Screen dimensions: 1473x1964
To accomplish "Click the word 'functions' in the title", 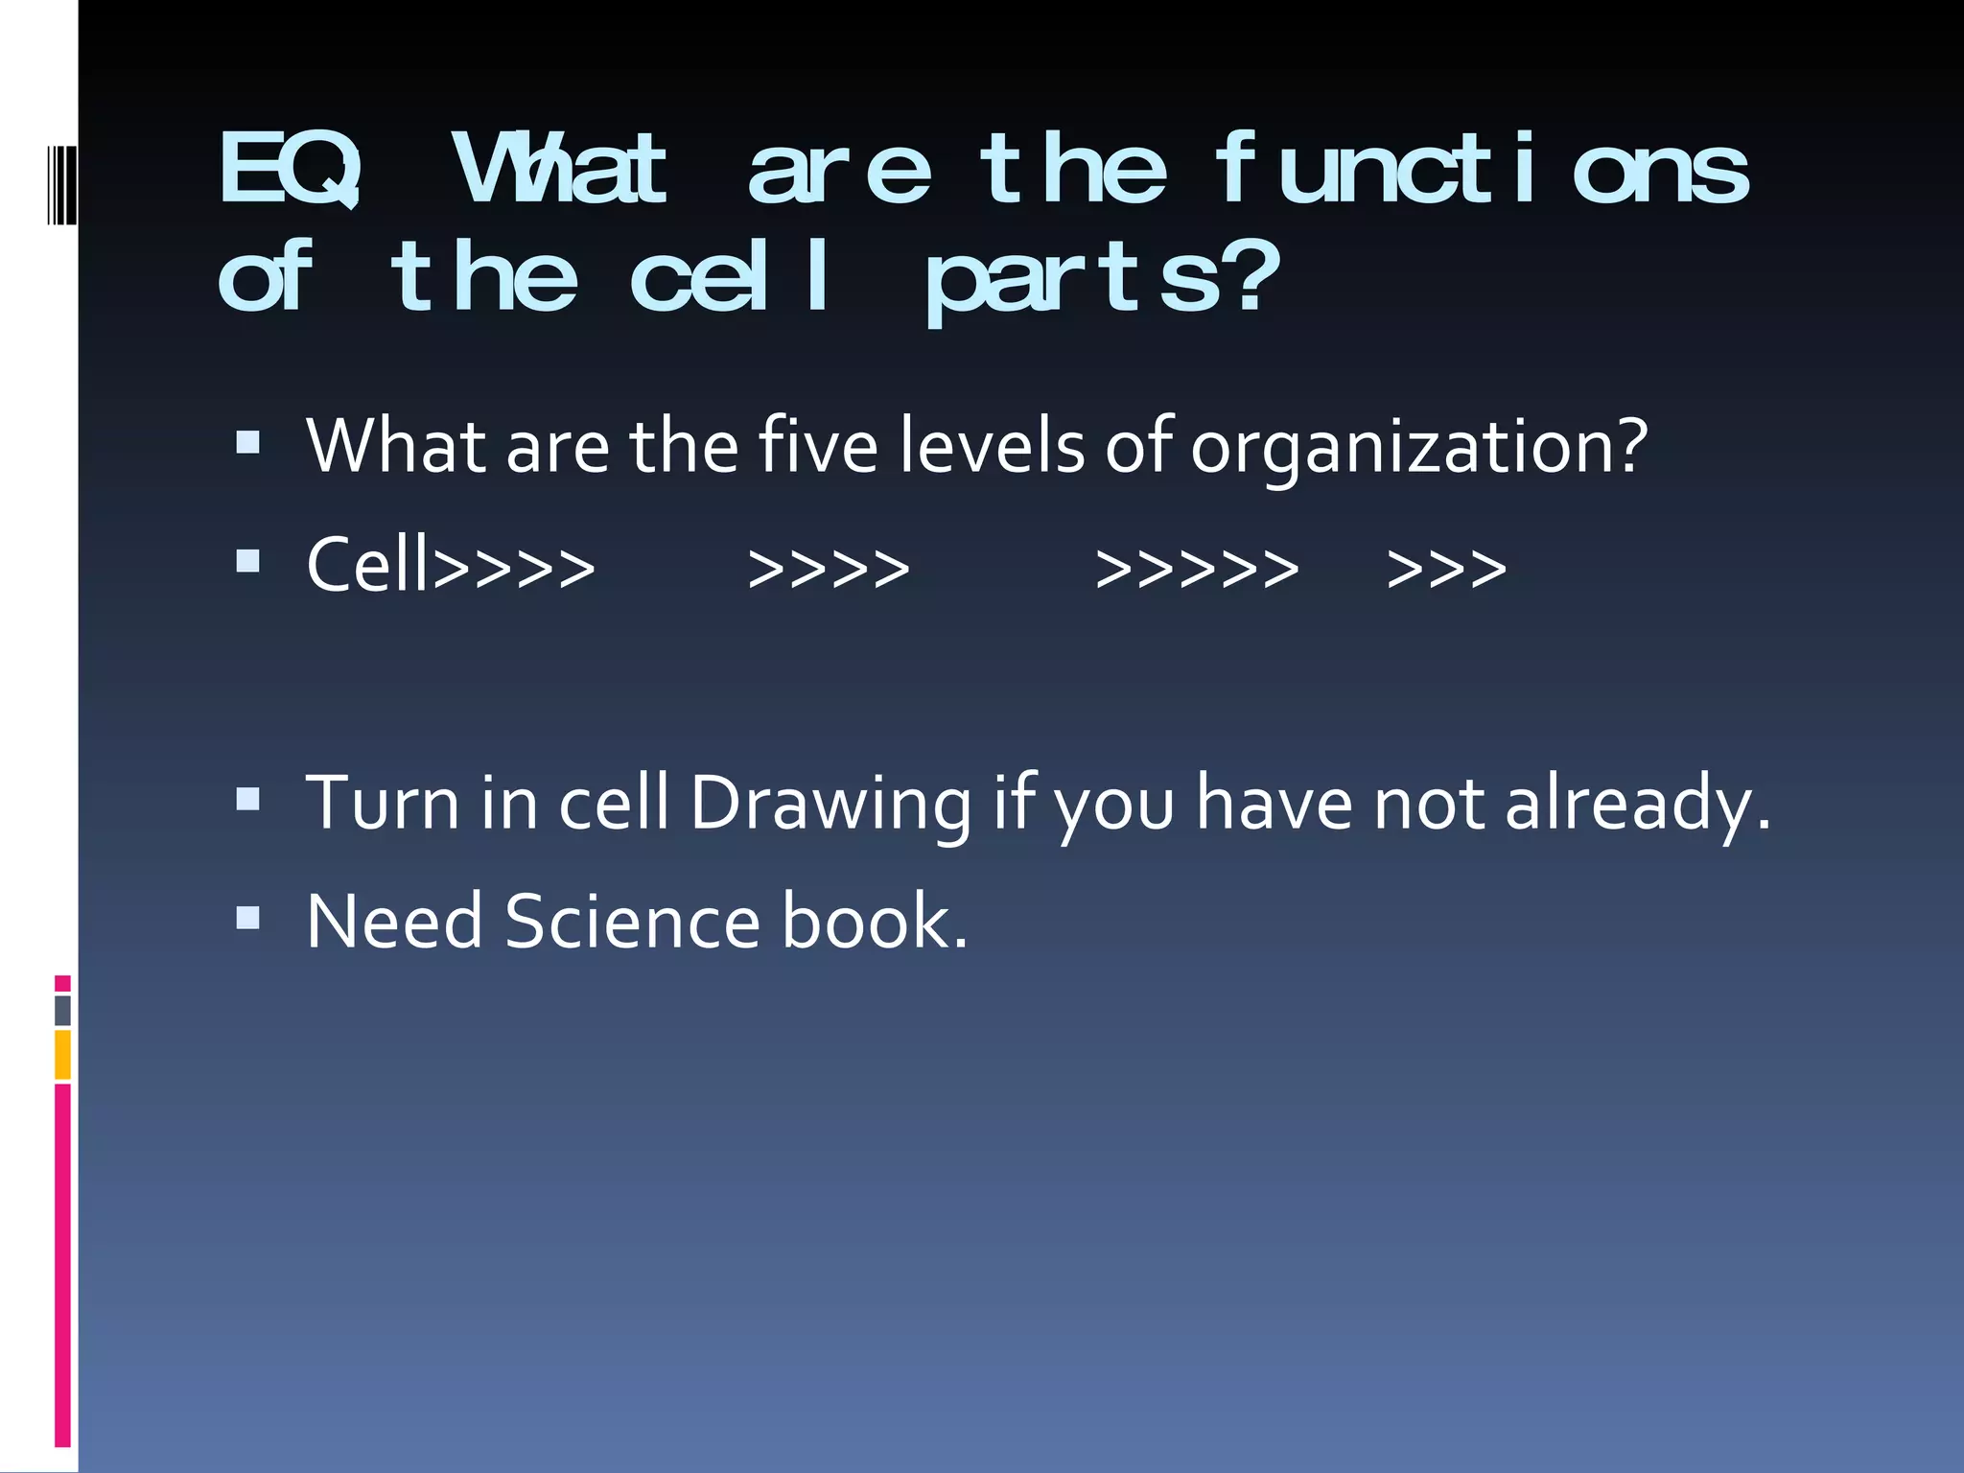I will click(x=1482, y=171).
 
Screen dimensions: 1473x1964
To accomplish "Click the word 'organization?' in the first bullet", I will click(x=1418, y=448).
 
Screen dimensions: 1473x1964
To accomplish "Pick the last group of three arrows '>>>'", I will click(x=1446, y=569).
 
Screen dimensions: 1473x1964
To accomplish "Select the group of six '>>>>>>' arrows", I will click(x=1197, y=569).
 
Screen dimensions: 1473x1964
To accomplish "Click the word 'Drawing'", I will click(x=830, y=804).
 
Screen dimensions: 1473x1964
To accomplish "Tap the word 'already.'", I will click(x=1637, y=804).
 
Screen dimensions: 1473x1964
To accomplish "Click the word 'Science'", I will click(x=632, y=922).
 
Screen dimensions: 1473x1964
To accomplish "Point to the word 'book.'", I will click(x=875, y=922).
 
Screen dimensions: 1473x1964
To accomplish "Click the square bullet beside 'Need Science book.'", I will click(x=247, y=919).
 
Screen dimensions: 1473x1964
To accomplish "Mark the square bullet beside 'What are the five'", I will click(x=247, y=442).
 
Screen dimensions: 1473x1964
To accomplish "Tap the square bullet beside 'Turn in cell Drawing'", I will click(x=247, y=799).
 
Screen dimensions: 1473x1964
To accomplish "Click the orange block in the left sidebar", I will click(x=62, y=1055).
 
